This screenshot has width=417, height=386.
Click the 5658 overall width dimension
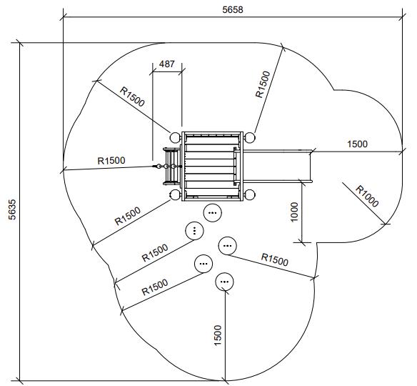coord(233,10)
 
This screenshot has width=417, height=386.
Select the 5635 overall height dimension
coord(12,209)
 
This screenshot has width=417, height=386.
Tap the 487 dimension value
coord(167,64)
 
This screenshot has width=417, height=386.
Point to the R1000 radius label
coord(367,196)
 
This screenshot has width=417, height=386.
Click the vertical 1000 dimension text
coord(294,212)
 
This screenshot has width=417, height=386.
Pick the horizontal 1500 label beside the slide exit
coord(358,144)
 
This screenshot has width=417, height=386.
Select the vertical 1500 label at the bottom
coord(218,335)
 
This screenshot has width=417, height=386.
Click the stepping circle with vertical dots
coord(194,231)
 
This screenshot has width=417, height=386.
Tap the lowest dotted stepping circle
coord(224,282)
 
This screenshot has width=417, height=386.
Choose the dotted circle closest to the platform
coord(213,213)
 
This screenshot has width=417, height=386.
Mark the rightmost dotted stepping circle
coord(227,246)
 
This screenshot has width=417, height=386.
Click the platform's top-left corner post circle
coord(175,137)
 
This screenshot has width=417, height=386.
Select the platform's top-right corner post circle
coord(250,137)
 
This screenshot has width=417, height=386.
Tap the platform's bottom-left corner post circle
coord(175,195)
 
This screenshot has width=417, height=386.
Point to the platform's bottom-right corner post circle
coord(250,195)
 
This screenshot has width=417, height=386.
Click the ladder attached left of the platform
coord(172,167)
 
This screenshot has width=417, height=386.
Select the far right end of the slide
coord(311,167)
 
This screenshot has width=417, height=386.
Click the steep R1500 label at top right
coord(263,84)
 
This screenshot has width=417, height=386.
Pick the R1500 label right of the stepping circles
coord(275,259)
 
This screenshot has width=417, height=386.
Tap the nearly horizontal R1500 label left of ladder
coord(111,161)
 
